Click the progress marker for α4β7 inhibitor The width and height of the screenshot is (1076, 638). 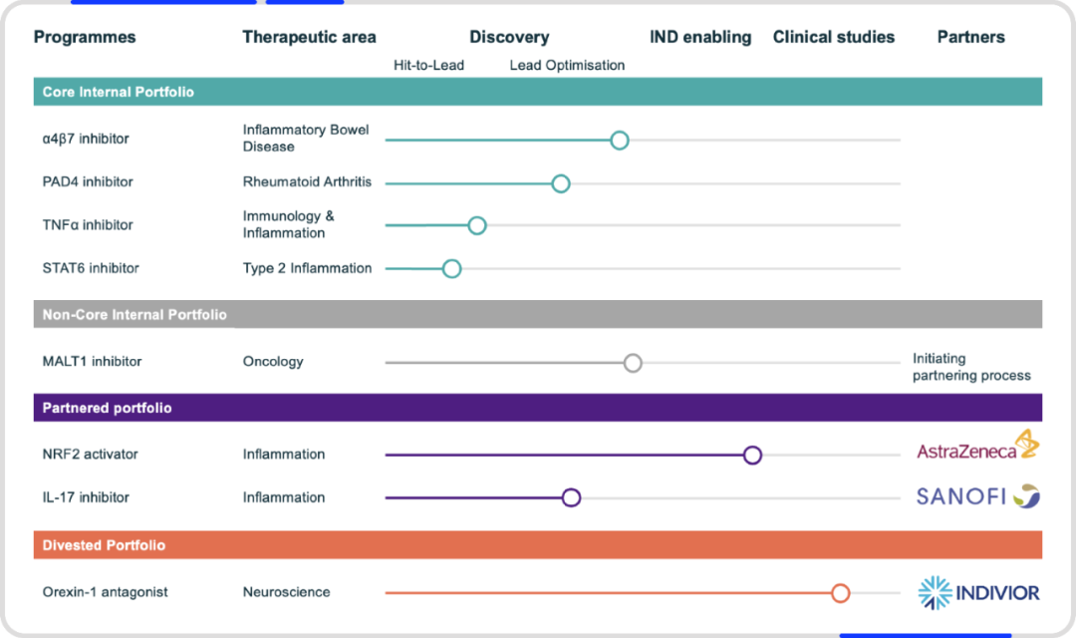click(619, 141)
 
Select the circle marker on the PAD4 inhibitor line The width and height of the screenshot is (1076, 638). click(561, 183)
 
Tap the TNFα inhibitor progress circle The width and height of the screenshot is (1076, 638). click(477, 225)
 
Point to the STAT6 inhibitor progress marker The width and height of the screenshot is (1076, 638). click(451, 268)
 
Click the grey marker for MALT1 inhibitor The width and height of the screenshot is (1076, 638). click(633, 363)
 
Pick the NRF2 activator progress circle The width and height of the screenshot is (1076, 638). click(752, 455)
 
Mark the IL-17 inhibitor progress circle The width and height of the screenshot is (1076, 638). click(571, 497)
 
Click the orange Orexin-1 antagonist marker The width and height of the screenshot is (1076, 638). click(840, 593)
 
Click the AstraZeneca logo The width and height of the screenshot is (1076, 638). click(978, 445)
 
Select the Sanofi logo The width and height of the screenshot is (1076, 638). click(978, 495)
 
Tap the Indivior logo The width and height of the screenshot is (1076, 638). click(978, 593)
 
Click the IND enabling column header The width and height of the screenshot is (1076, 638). click(700, 37)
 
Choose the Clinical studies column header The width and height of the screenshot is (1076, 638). click(834, 37)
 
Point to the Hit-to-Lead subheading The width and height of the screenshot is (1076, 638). click(428, 65)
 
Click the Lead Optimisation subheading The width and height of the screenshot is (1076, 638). click(567, 65)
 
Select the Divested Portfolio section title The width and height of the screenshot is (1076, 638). click(104, 545)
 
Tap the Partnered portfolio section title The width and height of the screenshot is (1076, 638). click(107, 408)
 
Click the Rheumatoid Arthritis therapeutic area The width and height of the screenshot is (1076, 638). click(307, 182)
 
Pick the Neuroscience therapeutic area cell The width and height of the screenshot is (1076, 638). click(286, 592)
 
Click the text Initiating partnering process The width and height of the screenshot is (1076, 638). click(971, 367)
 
